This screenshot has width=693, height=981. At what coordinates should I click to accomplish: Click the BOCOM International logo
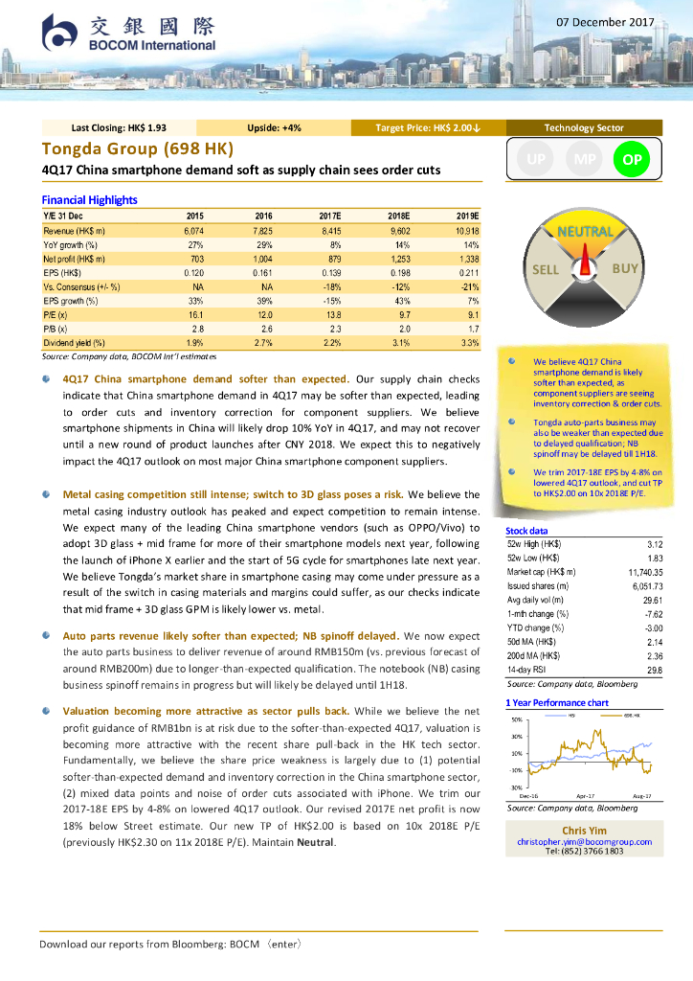[128, 33]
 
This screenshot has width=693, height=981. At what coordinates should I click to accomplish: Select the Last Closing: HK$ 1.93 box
[119, 127]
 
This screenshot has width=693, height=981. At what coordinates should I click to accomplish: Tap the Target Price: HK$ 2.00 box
[427, 127]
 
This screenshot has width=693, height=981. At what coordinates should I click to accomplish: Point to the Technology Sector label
[583, 127]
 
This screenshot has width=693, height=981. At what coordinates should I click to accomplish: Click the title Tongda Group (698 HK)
[137, 148]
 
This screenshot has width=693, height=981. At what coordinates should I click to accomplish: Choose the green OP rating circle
[632, 160]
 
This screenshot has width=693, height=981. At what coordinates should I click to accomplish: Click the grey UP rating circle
[537, 160]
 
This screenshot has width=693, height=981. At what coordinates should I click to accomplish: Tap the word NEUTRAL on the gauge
[584, 232]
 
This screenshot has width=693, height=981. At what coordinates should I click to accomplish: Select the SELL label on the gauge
[545, 269]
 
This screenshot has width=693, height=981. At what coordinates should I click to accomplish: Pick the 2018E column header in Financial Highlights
[397, 217]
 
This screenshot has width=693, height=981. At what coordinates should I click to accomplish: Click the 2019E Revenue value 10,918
[465, 231]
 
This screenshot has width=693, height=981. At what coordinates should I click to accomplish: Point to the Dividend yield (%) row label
[75, 342]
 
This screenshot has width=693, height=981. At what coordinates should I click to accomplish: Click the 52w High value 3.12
[655, 543]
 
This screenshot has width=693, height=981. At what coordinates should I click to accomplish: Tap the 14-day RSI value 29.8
[655, 670]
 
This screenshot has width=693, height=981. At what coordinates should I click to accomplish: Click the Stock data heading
[526, 530]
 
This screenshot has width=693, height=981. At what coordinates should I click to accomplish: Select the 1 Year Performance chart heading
[557, 702]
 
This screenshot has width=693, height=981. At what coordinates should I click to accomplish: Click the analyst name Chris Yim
[584, 830]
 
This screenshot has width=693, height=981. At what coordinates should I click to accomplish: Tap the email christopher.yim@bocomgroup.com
[584, 841]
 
